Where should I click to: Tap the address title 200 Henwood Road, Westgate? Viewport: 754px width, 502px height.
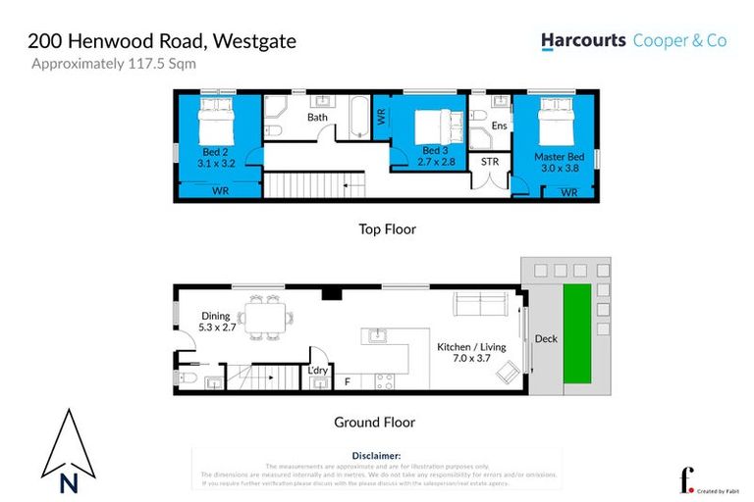pos(162,41)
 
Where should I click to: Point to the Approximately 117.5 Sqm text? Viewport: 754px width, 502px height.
pos(114,65)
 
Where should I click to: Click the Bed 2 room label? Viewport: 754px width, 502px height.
pos(216,152)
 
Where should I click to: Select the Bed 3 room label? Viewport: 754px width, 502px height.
pos(434,150)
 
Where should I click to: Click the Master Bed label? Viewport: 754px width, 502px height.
pos(560,157)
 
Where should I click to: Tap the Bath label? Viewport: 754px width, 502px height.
pos(317,118)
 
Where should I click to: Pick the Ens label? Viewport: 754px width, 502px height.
pos(499,125)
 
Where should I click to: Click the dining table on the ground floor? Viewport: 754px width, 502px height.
pos(264,319)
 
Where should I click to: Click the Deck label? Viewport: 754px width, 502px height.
pos(545,339)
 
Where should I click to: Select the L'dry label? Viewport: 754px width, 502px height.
pos(317,370)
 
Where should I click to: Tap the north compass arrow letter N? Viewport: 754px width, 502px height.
pos(68,482)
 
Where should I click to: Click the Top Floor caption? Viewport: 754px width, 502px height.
pos(387,229)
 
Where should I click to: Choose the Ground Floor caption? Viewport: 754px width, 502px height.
pos(373,423)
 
